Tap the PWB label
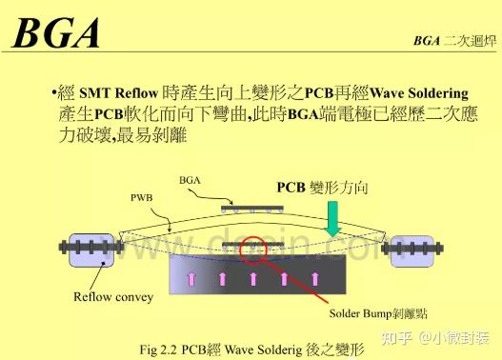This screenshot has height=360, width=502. click(140, 198)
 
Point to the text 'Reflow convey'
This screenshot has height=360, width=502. click(113, 296)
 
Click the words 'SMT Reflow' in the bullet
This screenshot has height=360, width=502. click(110, 93)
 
